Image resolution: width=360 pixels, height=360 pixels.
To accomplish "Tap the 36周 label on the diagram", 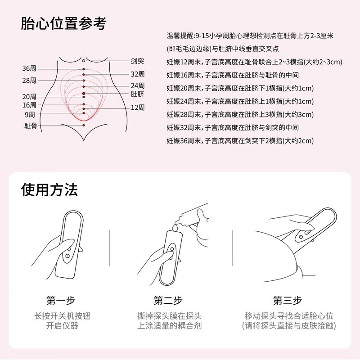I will pyautogui.click(x=29, y=69).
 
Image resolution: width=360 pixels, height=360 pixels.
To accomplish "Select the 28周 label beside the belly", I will pyautogui.click(x=29, y=81).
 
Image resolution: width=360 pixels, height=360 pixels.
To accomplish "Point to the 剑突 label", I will pyautogui.click(x=137, y=60).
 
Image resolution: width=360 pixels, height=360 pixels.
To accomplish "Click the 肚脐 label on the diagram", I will pyautogui.click(x=137, y=94).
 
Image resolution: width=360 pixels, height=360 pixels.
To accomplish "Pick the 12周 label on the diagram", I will pyautogui.click(x=137, y=108).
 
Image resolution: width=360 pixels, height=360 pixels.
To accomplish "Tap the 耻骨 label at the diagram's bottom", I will pyautogui.click(x=31, y=126).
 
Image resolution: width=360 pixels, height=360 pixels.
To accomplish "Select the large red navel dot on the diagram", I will pyautogui.click(x=84, y=94).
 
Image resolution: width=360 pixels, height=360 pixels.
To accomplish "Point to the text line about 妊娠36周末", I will pyautogui.click(x=239, y=141).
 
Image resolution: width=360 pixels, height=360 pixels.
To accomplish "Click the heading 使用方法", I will pyautogui.click(x=49, y=189).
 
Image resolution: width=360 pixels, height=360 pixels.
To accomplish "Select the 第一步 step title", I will pyautogui.click(x=61, y=300).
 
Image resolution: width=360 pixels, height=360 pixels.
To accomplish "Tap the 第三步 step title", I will pyautogui.click(x=287, y=300).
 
